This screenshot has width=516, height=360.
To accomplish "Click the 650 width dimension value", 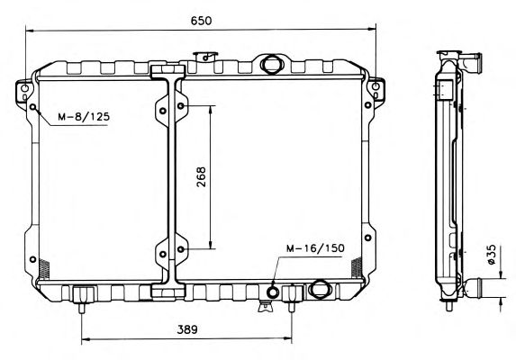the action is click(201, 21).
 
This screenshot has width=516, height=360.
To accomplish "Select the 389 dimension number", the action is click(187, 329).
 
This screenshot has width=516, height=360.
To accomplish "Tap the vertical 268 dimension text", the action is click(201, 177).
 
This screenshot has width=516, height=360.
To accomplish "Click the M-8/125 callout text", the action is click(84, 116).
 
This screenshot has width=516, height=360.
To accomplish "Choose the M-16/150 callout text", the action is click(315, 248).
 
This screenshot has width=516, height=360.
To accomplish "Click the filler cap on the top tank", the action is click(205, 57).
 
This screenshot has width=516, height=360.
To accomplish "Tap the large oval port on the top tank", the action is click(271, 64).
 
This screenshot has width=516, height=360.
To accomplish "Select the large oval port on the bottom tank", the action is click(319, 288).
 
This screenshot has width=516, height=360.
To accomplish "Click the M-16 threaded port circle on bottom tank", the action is click(273, 292).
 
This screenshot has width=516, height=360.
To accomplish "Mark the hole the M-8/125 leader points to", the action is click(33, 107).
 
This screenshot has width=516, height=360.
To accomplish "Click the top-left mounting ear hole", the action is click(24, 88).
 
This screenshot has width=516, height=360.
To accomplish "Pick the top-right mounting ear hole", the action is click(376, 86).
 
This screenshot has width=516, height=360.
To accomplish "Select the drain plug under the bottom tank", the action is click(266, 306).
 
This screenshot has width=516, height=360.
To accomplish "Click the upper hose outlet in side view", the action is click(471, 61).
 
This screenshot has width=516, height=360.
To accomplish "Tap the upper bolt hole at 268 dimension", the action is click(181, 106).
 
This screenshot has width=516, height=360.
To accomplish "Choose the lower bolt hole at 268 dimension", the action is click(181, 249).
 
